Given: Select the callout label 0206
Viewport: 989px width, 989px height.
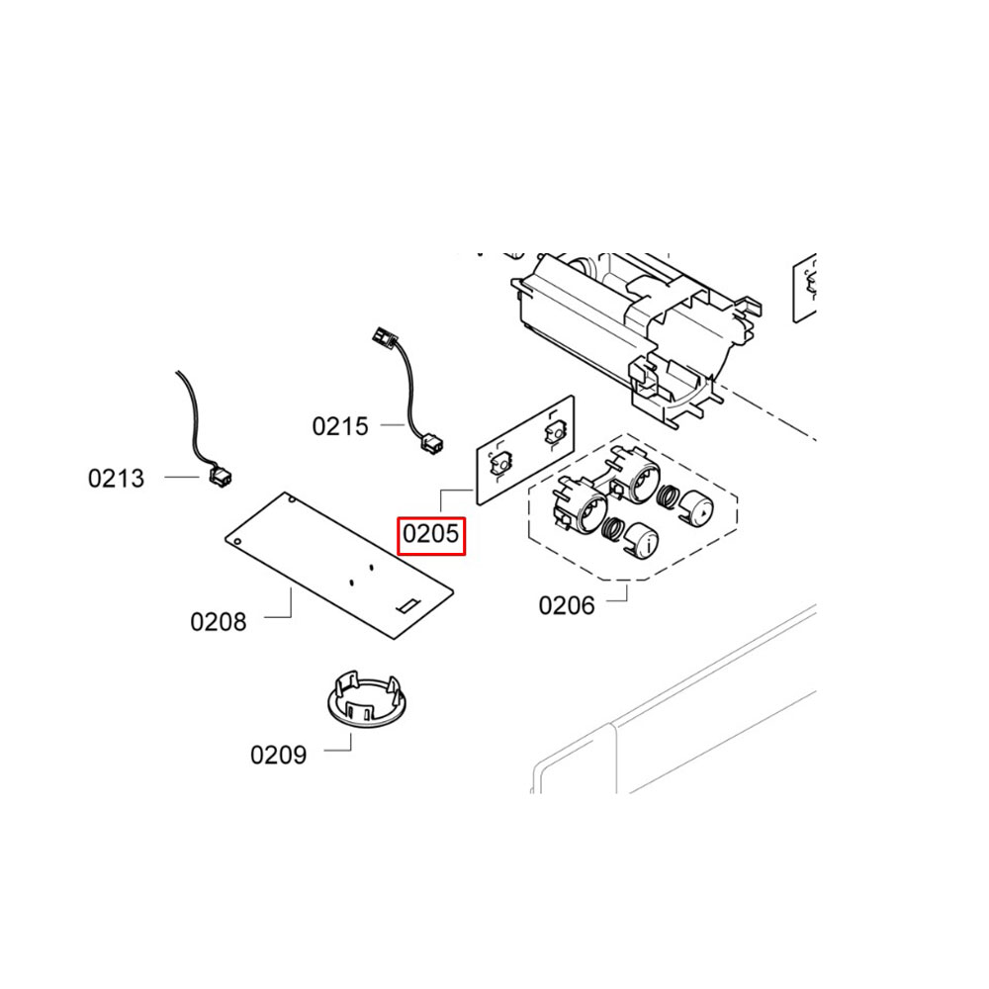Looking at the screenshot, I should click(x=567, y=604).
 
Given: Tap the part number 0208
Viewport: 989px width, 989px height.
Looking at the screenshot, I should click(x=219, y=621).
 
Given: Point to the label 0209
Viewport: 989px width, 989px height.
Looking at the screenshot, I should click(x=278, y=755).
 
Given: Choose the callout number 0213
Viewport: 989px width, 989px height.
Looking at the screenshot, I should click(x=116, y=479).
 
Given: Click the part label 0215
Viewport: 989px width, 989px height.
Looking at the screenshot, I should click(x=340, y=426).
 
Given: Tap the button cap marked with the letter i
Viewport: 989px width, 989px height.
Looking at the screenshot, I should click(x=643, y=540).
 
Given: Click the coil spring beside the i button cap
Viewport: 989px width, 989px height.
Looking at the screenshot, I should click(x=614, y=530).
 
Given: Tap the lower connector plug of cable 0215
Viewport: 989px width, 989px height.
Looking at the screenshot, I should click(x=432, y=444).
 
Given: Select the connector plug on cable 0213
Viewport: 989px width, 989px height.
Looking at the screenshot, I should click(x=219, y=479).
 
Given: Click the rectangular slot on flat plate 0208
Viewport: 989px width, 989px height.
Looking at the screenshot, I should click(x=407, y=602).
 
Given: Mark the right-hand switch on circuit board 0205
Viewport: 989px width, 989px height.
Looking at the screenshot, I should click(x=552, y=432).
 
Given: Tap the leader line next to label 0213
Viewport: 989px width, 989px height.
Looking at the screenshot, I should click(x=182, y=478).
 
